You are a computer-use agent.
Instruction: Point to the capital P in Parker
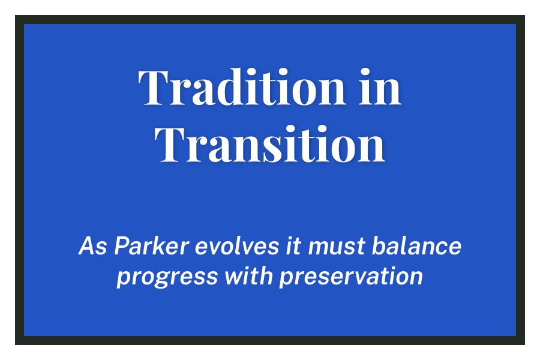coord(121,246)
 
